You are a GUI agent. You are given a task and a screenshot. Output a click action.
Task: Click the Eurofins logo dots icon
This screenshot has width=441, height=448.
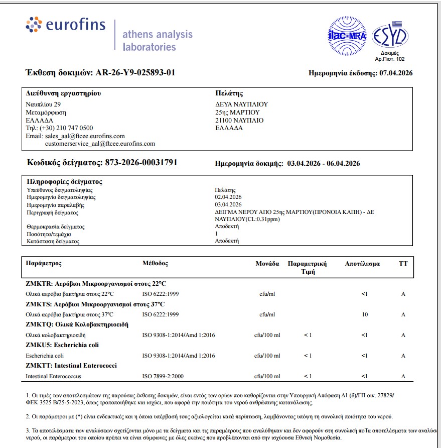[34, 25]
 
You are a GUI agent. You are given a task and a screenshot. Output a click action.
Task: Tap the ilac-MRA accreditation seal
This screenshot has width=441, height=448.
[347, 36]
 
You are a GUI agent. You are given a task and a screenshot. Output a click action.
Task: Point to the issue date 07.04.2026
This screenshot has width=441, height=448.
[396, 73]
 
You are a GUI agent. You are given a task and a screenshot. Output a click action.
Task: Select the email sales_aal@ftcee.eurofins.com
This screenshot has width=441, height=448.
[85, 136]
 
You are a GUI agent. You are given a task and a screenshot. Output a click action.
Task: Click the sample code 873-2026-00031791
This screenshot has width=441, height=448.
[140, 163]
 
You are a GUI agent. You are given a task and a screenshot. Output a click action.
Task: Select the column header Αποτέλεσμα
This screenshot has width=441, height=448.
[362, 264]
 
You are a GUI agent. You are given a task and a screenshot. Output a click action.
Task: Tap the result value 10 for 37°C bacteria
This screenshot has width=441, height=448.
[365, 315]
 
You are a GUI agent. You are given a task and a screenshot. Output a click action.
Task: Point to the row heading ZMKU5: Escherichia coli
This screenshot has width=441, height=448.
[62, 345]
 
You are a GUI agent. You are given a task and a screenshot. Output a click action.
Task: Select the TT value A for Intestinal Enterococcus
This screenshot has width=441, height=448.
[403, 376]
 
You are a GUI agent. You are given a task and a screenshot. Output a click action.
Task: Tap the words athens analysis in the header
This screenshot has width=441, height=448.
[158, 35]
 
